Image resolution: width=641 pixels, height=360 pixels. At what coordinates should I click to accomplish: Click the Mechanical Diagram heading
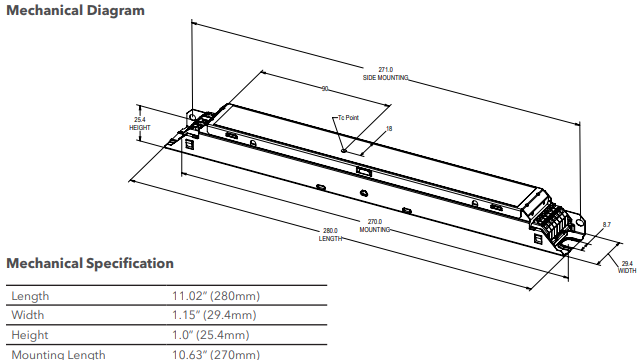coord(76,11)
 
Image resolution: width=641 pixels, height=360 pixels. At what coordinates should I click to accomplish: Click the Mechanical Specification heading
coord(90,264)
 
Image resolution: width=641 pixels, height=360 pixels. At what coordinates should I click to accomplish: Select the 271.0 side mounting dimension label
coord(385,73)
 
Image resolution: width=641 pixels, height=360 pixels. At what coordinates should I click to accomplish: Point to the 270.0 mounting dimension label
coord(375,225)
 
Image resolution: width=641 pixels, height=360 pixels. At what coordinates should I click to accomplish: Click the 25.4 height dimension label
coord(140,124)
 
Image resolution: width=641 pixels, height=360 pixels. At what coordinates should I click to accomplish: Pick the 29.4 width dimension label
coord(626,265)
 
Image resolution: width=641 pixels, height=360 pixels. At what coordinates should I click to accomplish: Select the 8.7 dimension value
coord(606,225)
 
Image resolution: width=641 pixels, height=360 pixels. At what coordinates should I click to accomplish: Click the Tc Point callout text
coord(348,117)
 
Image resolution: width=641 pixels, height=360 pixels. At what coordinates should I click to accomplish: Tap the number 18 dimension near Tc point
coord(388,129)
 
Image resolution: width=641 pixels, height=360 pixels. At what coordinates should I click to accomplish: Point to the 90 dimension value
coord(325,89)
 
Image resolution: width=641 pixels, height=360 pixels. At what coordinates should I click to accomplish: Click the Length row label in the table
coord(30,297)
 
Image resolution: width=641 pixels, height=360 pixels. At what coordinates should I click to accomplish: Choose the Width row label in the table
coord(28,316)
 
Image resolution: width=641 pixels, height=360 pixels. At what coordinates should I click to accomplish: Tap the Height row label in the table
coord(30,335)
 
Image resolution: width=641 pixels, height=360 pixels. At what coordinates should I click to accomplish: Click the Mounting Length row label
coord(57,354)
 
